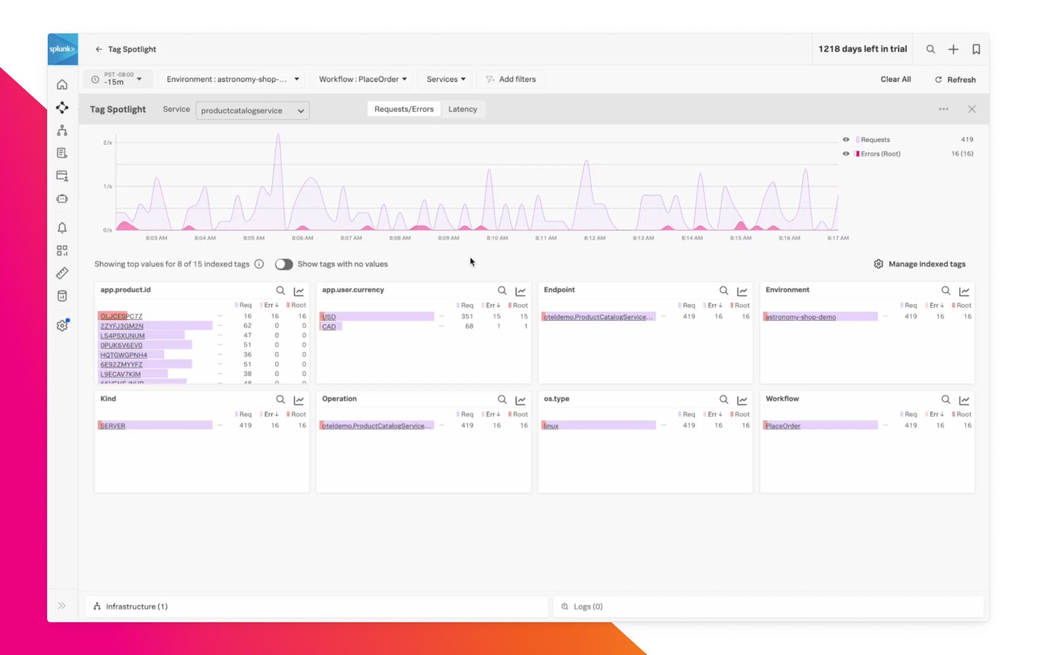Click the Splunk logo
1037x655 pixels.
pyautogui.click(x=62, y=49)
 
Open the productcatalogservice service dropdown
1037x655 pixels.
pyautogui.click(x=252, y=111)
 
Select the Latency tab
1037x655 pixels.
pyautogui.click(x=463, y=109)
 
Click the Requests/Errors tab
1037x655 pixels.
pyautogui.click(x=404, y=109)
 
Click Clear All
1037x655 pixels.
pyautogui.click(x=895, y=79)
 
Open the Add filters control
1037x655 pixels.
pyautogui.click(x=511, y=79)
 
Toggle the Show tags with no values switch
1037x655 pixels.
pyautogui.click(x=284, y=264)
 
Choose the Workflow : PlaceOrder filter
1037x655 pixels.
pyautogui.click(x=362, y=79)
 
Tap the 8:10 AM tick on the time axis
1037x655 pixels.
pyautogui.click(x=497, y=238)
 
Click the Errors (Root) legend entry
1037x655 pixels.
pyautogui.click(x=880, y=154)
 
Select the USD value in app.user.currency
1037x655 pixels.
pyautogui.click(x=329, y=317)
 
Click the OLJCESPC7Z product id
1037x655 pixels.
pyautogui.click(x=121, y=317)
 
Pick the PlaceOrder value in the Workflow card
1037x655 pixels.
pyautogui.click(x=783, y=426)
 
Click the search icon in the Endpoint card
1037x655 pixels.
pyautogui.click(x=724, y=291)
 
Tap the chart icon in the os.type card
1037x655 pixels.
pyautogui.click(x=742, y=400)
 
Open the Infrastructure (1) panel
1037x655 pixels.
pyautogui.click(x=136, y=607)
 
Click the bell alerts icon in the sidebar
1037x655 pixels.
pyautogui.click(x=62, y=228)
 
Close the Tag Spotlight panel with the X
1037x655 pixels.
pyautogui.click(x=972, y=109)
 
